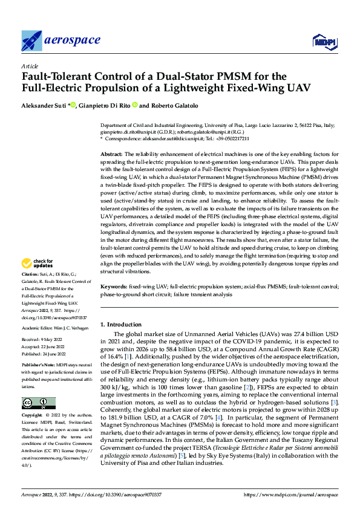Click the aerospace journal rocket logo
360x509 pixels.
[31, 41]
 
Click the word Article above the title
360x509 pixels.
[30, 66]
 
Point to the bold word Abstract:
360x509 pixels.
[111, 155]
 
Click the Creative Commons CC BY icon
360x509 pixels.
[34, 403]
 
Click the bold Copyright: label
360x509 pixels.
[33, 415]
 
